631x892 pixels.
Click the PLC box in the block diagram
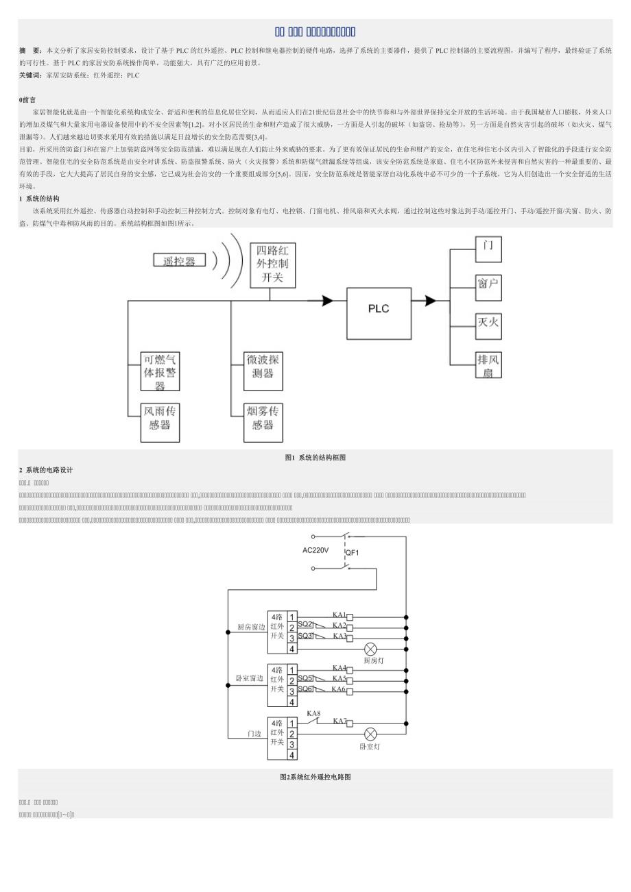[379, 309]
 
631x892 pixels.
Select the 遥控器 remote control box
[179, 260]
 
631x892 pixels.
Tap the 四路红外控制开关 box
[272, 265]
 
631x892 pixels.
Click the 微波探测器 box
[263, 371]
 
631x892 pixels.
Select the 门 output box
[488, 247]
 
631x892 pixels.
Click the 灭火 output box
[488, 324]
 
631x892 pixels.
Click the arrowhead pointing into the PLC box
[326, 300]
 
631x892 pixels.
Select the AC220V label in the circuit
[315, 550]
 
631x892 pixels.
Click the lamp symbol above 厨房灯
[370, 648]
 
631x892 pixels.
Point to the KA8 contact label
[313, 713]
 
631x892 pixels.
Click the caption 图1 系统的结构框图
[315, 458]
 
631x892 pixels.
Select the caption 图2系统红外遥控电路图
[315, 777]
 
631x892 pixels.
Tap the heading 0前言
[27, 100]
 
